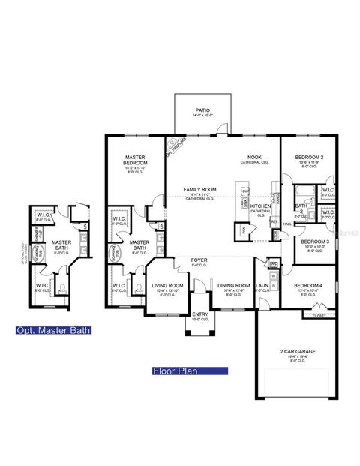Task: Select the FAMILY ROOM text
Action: [199, 190]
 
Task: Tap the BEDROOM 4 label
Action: [309, 286]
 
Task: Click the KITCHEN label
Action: [260, 206]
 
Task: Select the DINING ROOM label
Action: [233, 286]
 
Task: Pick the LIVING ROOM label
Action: [168, 286]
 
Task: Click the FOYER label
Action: [199, 260]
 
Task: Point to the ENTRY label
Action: [200, 314]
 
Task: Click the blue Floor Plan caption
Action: [188, 370]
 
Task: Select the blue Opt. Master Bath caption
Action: [52, 330]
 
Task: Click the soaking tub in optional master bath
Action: [39, 256]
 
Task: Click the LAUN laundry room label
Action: [263, 286]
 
